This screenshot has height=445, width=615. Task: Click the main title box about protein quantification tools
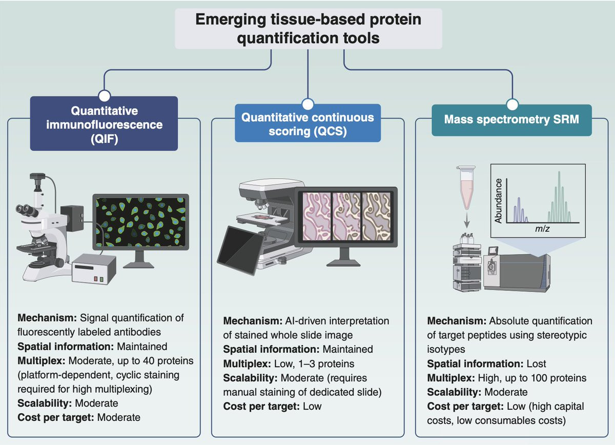(308, 29)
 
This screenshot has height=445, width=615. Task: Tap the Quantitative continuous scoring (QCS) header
(307, 123)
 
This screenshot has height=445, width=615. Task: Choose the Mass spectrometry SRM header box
(511, 120)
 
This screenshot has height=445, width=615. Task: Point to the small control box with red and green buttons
(94, 269)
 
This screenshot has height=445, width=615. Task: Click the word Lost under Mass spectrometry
(536, 364)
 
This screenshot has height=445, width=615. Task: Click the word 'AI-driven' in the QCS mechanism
(303, 321)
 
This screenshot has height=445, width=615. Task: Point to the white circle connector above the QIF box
(104, 95)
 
